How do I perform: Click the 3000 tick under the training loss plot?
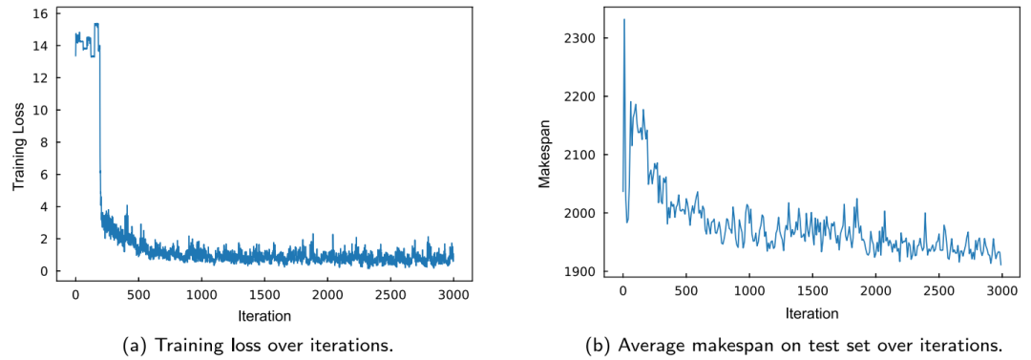pyautogui.click(x=453, y=295)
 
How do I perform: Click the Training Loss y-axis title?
pyautogui.click(x=20, y=146)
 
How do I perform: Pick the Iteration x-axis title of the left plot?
pyautogui.click(x=264, y=316)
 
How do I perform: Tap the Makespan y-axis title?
pyautogui.click(x=544, y=149)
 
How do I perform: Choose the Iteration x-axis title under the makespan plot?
pyautogui.click(x=812, y=314)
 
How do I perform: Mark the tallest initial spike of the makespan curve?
pyautogui.click(x=624, y=20)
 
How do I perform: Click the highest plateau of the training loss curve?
pyautogui.click(x=96, y=25)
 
